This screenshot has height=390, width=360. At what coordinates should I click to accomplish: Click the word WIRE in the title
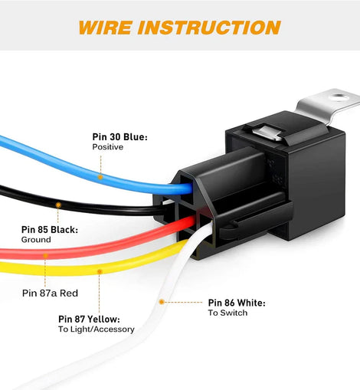[x=106, y=28]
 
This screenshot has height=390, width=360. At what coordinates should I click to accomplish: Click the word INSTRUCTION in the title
[x=209, y=28]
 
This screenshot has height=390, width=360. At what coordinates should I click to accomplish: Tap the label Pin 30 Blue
[x=119, y=137]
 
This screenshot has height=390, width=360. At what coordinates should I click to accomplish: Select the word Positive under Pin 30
[x=107, y=147]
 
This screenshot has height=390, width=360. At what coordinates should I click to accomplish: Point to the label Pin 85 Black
[x=50, y=230]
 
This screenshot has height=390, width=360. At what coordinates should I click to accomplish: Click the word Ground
[x=36, y=240]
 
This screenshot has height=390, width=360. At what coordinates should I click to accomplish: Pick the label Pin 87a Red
[x=50, y=293]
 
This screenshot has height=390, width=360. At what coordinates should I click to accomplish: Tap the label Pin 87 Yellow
[x=89, y=319]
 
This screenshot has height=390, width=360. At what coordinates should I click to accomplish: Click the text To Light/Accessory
[x=96, y=329]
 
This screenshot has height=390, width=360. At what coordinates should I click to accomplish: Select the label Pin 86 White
[x=237, y=303]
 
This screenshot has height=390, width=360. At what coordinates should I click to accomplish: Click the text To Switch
[x=227, y=313]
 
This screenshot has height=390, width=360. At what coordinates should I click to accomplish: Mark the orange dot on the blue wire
[x=100, y=177]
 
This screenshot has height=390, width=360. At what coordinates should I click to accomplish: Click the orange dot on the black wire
[x=58, y=205]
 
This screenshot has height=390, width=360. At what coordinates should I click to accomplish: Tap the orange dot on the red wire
[x=45, y=255]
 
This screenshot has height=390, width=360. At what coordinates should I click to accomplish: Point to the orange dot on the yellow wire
[x=100, y=271]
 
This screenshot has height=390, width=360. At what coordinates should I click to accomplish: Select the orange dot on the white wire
[x=162, y=302]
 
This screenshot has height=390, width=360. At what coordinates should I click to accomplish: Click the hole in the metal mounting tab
[x=339, y=97]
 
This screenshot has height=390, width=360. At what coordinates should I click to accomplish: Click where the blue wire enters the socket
[x=189, y=188]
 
